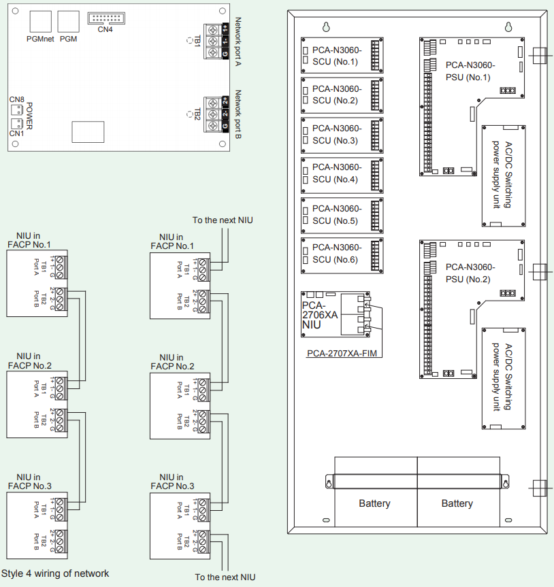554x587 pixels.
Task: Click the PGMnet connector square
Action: coord(42,21)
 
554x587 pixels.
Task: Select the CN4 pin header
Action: coord(105,19)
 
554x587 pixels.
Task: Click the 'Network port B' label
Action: coord(238,115)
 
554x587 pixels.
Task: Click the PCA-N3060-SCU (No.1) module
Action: coord(342,55)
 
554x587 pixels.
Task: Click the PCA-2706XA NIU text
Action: coord(320,314)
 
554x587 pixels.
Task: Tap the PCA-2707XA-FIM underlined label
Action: coord(341,353)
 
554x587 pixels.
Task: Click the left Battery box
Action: coord(374,504)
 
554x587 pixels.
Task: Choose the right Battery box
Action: coord(457,504)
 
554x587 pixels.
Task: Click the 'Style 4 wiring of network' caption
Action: coord(55,573)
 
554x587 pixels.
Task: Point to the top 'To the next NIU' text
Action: coord(223,220)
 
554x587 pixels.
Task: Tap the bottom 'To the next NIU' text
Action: coord(225,577)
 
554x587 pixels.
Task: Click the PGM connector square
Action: coord(69,21)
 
